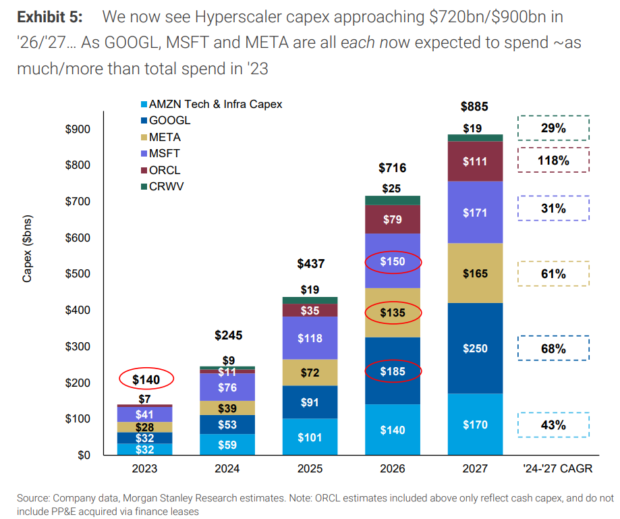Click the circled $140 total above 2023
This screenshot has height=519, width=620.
click(x=146, y=380)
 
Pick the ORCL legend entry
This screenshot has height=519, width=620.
click(x=165, y=170)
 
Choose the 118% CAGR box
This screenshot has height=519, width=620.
click(x=553, y=161)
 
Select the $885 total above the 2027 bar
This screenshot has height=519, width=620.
click(x=474, y=107)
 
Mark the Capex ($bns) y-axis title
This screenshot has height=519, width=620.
click(x=27, y=249)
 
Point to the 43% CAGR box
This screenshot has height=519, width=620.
click(x=553, y=425)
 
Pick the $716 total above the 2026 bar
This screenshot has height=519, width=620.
click(x=392, y=168)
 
